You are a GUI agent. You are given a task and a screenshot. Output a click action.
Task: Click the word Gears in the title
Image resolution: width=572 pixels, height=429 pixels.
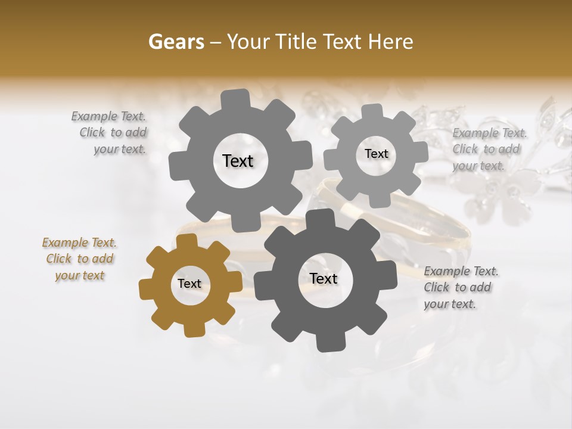coord(176,42)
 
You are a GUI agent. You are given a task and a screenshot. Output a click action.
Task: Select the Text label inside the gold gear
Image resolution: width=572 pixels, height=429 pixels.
coord(189,284)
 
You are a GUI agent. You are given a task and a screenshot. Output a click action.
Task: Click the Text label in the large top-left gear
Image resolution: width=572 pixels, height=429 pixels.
coord(238,161)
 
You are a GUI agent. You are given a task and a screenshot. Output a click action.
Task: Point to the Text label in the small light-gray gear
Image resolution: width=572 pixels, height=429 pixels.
coord(376,154)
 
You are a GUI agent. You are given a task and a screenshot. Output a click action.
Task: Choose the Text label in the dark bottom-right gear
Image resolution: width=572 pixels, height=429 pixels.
coord(324,279)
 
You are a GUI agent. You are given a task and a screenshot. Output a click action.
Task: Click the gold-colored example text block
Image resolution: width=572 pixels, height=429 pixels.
coord(79,259)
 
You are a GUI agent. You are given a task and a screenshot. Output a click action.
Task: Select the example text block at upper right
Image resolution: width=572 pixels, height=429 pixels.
coord(489,149)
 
